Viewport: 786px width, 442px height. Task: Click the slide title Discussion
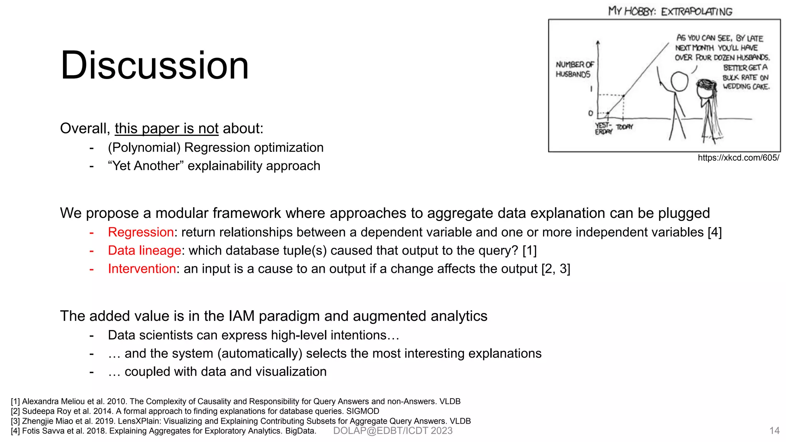tap(155, 66)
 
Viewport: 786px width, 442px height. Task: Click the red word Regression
tap(141, 232)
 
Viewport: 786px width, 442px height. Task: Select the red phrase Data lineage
tap(144, 251)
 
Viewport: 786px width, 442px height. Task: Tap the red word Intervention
tap(142, 269)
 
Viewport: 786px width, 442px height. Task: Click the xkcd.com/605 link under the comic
tap(738, 158)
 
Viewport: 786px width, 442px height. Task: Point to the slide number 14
tap(774, 430)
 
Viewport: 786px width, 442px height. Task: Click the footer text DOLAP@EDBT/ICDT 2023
tap(393, 430)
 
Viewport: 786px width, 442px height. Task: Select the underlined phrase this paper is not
tap(167, 129)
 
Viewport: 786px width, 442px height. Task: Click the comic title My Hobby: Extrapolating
tap(670, 11)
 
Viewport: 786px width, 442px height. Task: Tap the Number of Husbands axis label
tap(574, 69)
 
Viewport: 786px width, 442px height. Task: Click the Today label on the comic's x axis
tap(624, 127)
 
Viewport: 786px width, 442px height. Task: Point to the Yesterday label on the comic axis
tap(603, 129)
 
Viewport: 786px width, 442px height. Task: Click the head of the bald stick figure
tap(679, 81)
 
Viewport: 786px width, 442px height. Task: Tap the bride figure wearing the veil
tap(708, 107)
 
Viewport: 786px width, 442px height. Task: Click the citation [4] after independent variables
tap(715, 232)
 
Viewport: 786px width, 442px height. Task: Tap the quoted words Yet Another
tap(146, 166)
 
